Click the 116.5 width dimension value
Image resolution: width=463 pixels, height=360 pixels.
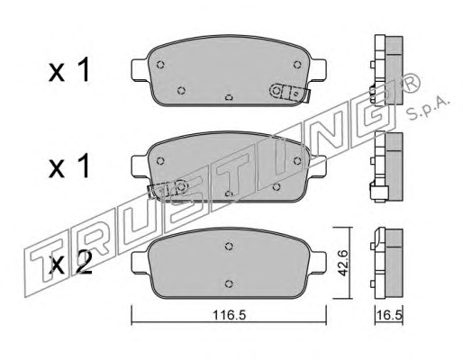(x=229, y=315)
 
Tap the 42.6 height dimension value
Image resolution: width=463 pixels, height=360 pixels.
(x=342, y=263)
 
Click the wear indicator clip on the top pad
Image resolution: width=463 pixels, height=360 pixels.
(x=289, y=93)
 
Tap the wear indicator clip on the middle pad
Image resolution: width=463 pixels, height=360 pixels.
(x=168, y=188)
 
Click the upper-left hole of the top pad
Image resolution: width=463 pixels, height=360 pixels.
(x=160, y=64)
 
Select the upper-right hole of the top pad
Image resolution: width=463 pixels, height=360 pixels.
(x=297, y=64)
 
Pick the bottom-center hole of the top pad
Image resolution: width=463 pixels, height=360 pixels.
(x=229, y=97)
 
